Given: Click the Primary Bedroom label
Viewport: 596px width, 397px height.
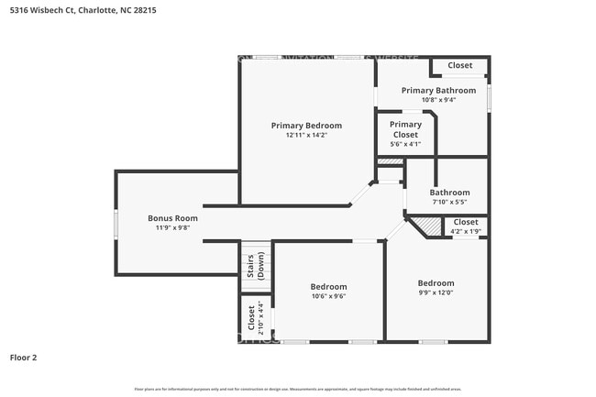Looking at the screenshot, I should [306, 126].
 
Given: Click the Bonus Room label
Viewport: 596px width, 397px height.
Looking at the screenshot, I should [172, 218].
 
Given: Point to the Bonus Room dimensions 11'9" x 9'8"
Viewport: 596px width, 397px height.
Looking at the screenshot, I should [172, 228].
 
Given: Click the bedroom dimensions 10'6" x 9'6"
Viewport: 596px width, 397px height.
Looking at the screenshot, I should [328, 296].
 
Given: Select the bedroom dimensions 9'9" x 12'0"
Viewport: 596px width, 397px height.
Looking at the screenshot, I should [436, 293].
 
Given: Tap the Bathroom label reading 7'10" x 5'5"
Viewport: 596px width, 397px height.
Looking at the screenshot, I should [449, 197].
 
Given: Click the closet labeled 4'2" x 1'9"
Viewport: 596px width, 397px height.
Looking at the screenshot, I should [465, 226].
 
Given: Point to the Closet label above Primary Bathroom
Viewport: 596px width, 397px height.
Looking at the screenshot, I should [459, 66].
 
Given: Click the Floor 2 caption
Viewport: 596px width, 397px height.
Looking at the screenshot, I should [23, 357].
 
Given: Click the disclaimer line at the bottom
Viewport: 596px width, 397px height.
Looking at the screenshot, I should [298, 389].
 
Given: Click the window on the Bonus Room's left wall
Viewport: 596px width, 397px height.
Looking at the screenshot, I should [116, 223].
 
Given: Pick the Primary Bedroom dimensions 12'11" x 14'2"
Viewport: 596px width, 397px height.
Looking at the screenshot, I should [306, 136].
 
